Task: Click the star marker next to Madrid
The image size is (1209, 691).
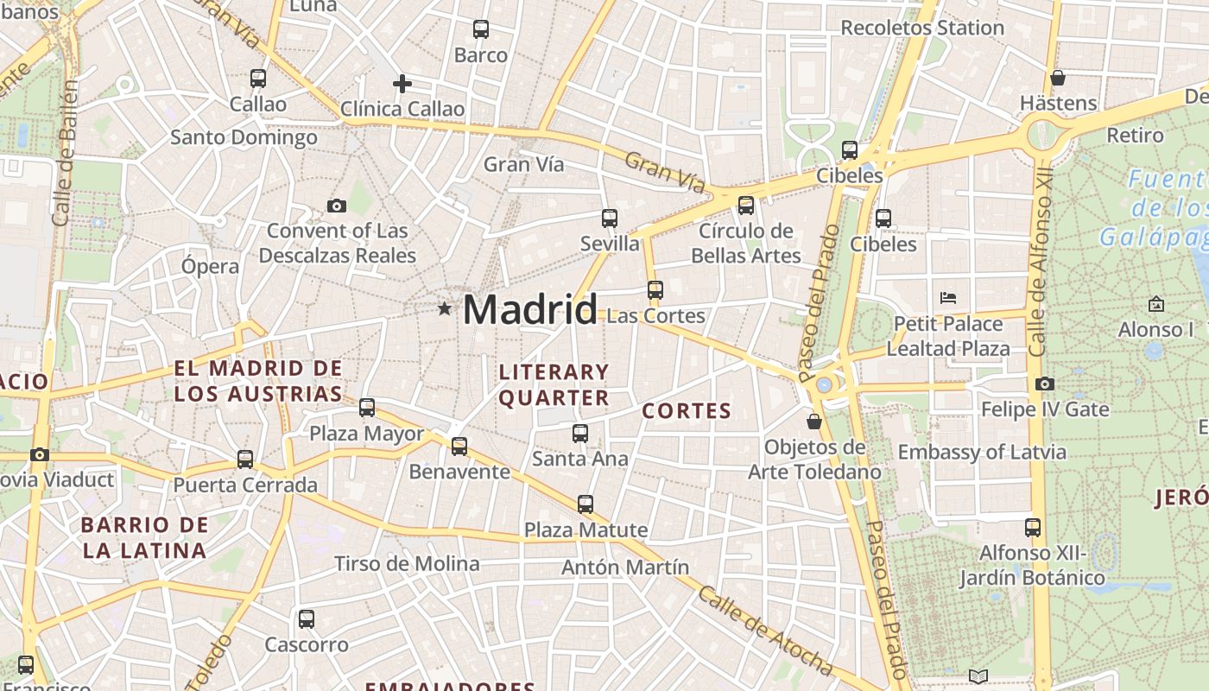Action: [x=445, y=308]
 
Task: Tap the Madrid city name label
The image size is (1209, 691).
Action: [x=530, y=309]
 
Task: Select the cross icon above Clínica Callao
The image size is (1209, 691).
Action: [x=402, y=84]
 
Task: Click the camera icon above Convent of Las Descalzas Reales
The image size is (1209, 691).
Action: [x=337, y=206]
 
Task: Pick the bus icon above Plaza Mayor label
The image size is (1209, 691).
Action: [x=367, y=407]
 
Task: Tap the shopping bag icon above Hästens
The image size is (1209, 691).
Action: [x=1057, y=78]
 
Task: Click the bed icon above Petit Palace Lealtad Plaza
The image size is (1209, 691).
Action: [x=947, y=298]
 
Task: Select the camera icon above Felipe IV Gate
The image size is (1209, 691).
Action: [x=1044, y=384]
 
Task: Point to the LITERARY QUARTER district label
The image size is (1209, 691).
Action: [x=554, y=385]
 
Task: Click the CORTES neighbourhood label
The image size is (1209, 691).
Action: [x=687, y=411]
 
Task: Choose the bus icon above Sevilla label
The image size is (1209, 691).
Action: [x=610, y=218]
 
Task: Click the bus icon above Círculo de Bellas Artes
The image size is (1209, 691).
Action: [x=745, y=206]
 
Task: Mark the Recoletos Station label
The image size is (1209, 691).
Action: [x=922, y=28]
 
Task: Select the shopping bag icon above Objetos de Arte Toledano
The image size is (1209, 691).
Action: [x=813, y=422]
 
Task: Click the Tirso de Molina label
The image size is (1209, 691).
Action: [x=407, y=564]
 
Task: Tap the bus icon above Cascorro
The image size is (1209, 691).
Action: [x=307, y=618]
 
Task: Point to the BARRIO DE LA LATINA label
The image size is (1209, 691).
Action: [x=145, y=537]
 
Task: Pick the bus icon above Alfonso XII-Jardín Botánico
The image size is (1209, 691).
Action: [x=1032, y=527]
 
